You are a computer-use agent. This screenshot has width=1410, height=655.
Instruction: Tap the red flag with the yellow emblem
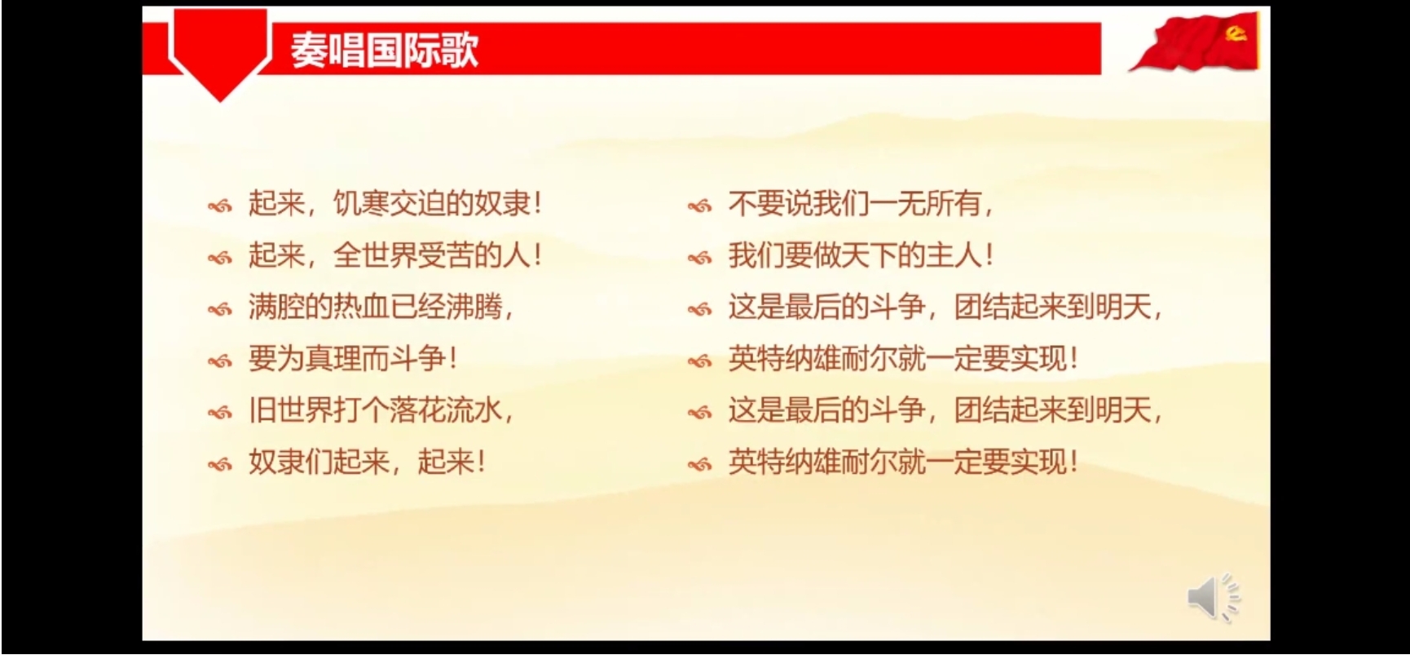tap(1198, 42)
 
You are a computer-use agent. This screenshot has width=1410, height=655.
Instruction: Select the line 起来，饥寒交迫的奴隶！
tap(395, 203)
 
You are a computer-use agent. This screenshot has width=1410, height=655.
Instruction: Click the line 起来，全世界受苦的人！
tap(395, 255)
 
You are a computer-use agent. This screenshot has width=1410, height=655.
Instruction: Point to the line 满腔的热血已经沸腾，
tap(381, 307)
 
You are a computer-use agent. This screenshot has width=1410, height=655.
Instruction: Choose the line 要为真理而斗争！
tap(353, 358)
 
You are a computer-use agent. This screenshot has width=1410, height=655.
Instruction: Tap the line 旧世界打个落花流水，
tap(381, 409)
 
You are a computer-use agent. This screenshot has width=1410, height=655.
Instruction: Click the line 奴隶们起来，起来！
tap(367, 462)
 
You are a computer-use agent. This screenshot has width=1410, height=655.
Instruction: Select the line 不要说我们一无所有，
tap(861, 203)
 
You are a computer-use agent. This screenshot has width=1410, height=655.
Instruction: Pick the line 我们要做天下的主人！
tap(861, 255)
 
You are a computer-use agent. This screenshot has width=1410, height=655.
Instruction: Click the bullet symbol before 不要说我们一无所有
tap(699, 206)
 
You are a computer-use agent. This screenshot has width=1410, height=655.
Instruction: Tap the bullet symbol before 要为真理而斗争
tap(219, 361)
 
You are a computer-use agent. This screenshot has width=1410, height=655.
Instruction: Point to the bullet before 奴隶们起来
tap(219, 464)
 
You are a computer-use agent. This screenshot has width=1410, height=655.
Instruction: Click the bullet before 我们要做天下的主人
tap(699, 258)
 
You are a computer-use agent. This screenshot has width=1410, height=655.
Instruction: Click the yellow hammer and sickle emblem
tap(1236, 33)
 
